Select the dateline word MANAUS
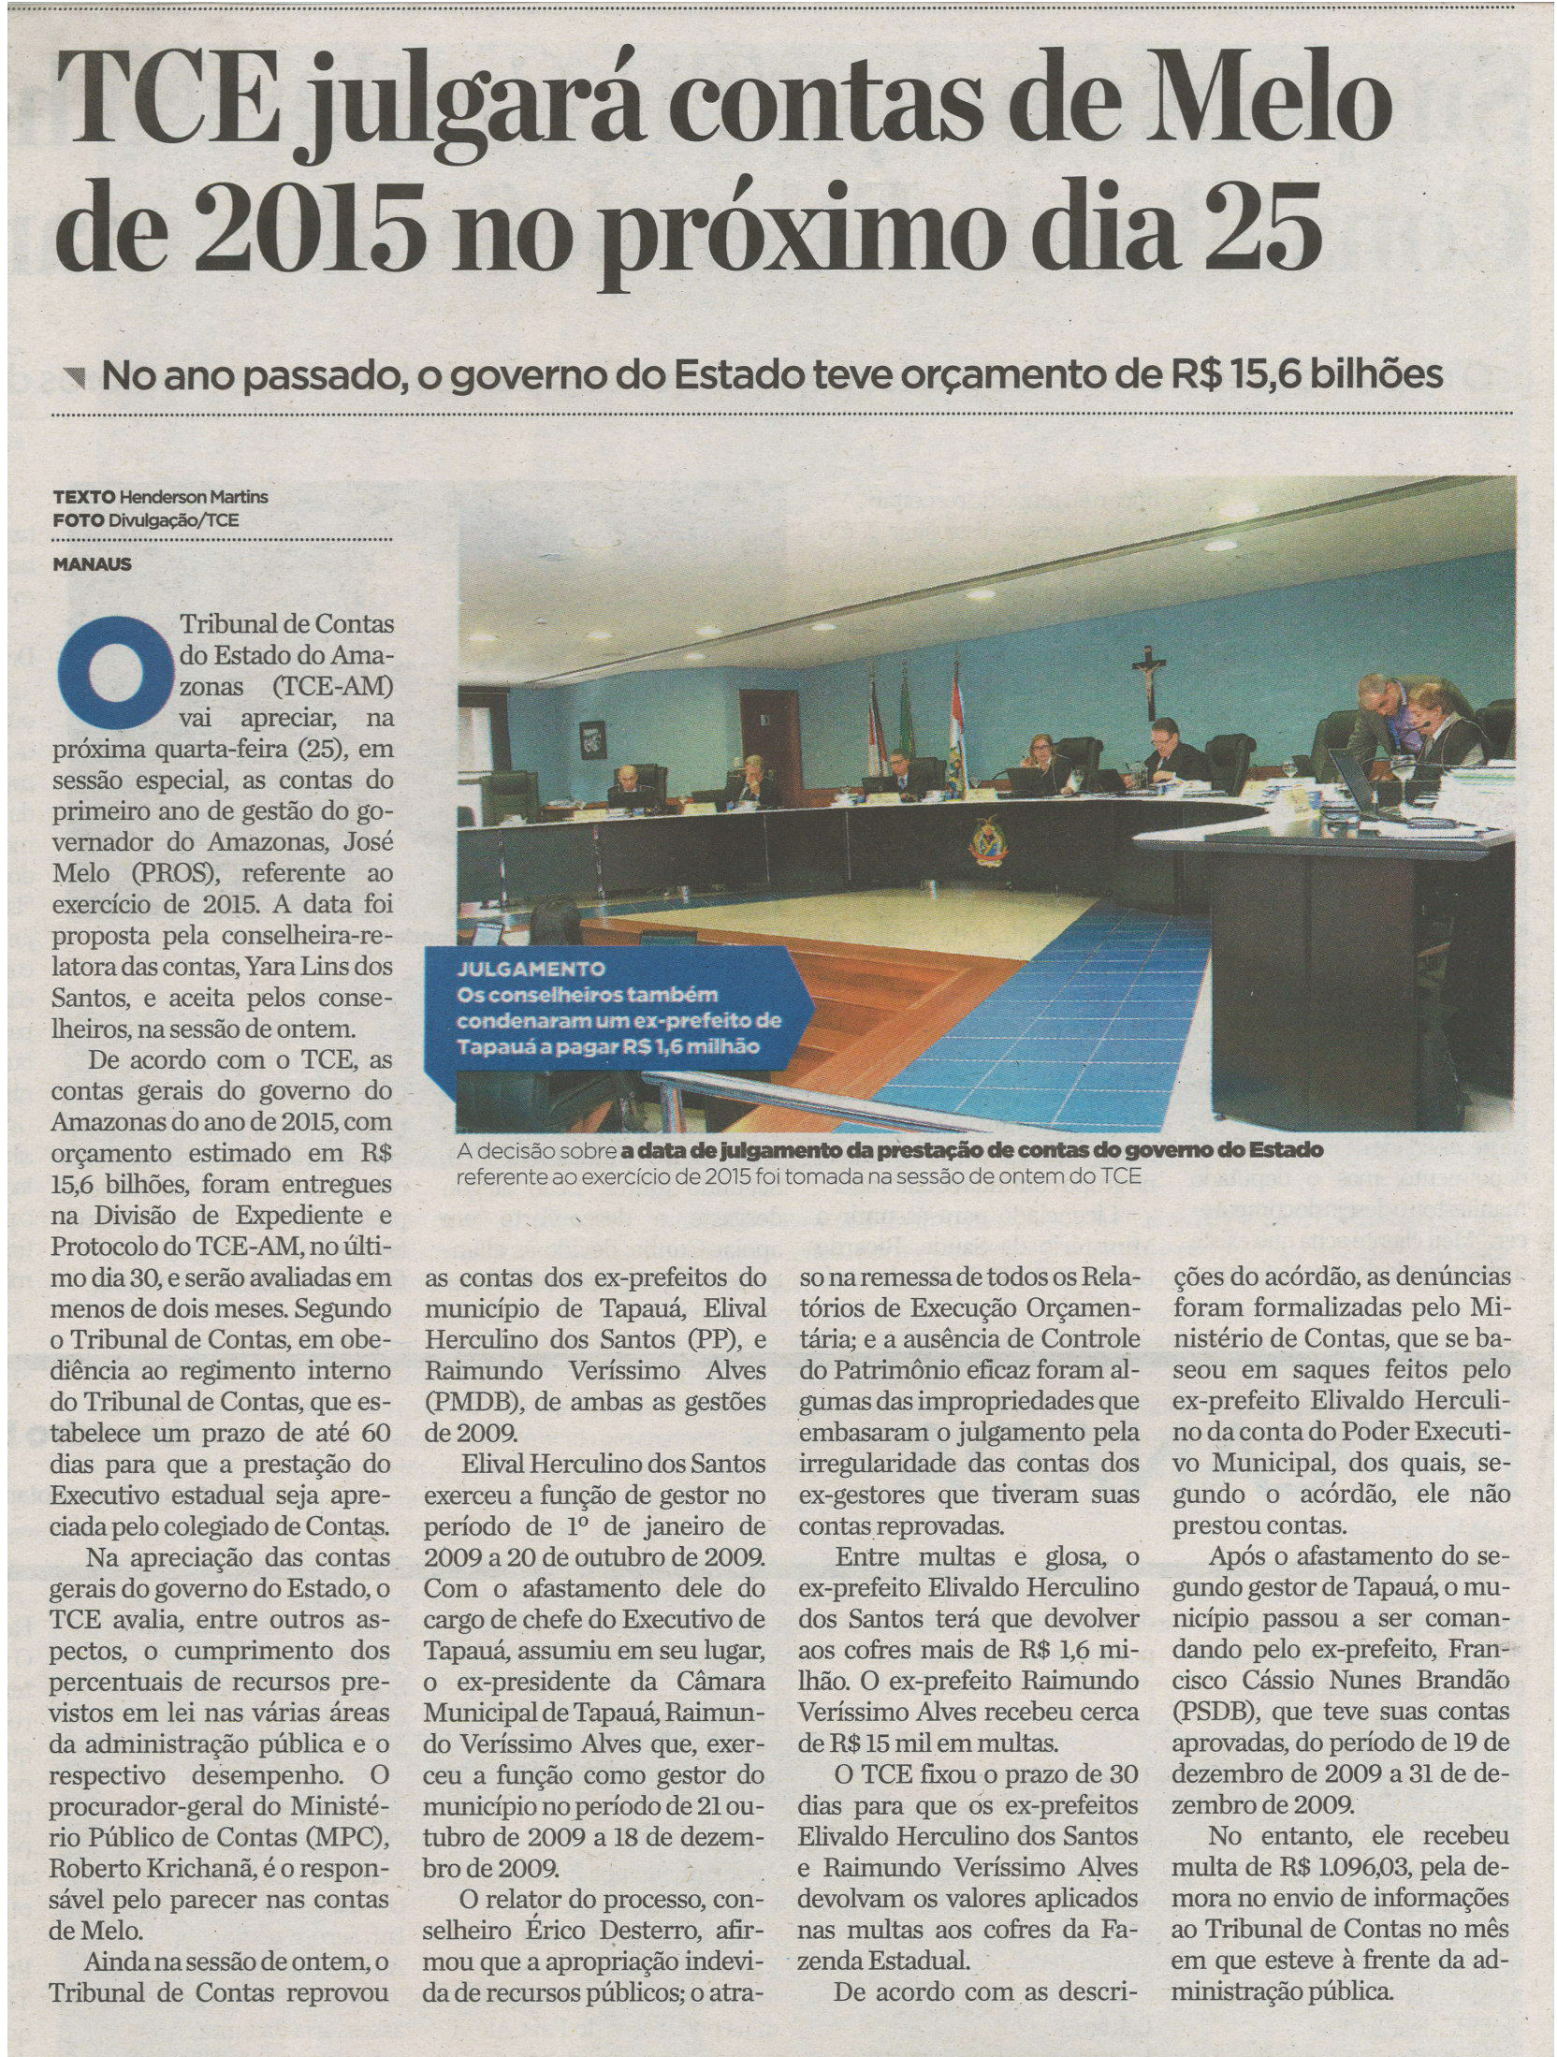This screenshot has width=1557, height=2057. tap(93, 564)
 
